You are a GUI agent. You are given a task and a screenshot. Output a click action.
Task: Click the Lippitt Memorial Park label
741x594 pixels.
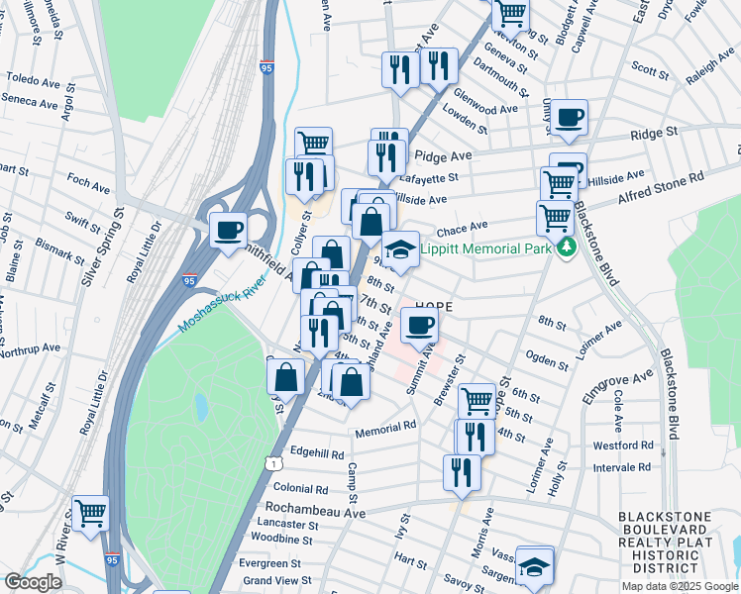pyautogui.click(x=484, y=249)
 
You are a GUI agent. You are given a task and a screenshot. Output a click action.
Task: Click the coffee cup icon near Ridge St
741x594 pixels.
pyautogui.click(x=569, y=118)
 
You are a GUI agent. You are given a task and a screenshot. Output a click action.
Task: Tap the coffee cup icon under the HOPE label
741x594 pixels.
pyautogui.click(x=419, y=324)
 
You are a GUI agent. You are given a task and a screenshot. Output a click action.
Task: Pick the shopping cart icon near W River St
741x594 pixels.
pyautogui.click(x=90, y=513)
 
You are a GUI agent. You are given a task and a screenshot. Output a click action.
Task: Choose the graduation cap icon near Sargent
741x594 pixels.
pyautogui.click(x=534, y=566)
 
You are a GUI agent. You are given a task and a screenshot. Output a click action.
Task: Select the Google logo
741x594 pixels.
pyautogui.click(x=34, y=582)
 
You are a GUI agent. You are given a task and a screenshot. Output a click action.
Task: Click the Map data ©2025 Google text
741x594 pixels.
pyautogui.click(x=679, y=586)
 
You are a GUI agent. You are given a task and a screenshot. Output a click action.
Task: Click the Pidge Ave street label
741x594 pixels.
pyautogui.click(x=443, y=155)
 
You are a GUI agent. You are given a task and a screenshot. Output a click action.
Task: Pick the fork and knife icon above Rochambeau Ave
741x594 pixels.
pyautogui.click(x=461, y=471)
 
